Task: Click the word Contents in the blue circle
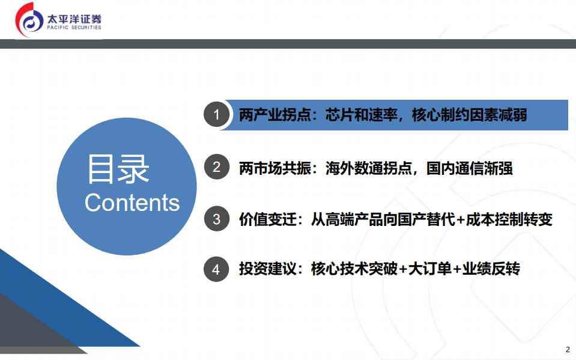tap(132, 203)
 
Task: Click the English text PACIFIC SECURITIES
tap(74, 28)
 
